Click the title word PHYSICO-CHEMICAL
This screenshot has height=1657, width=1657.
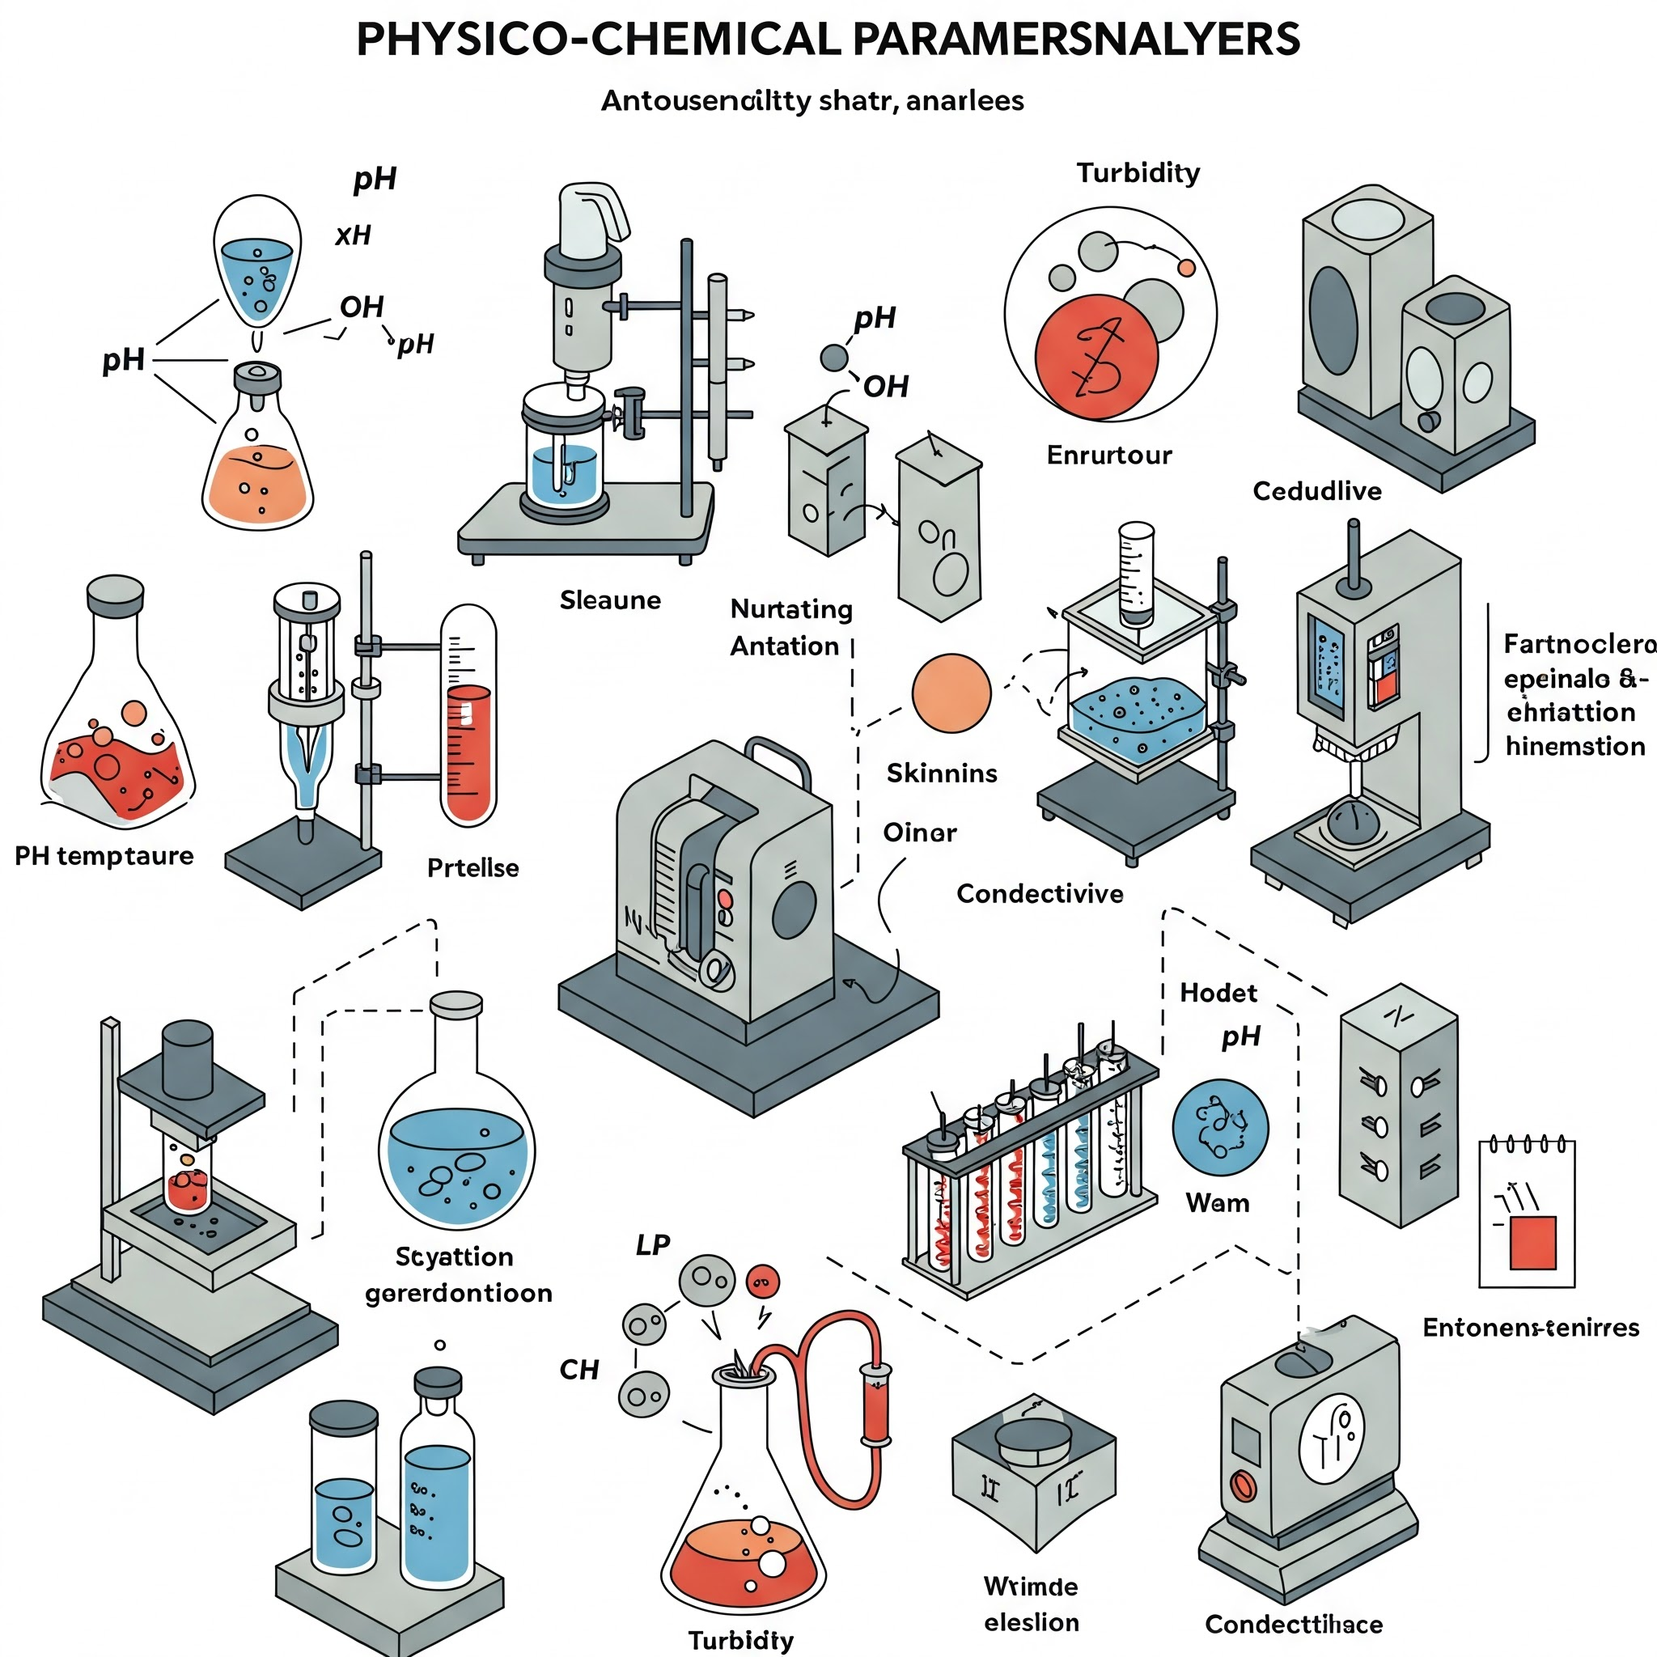(x=598, y=40)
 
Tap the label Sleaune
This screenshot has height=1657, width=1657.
(x=610, y=600)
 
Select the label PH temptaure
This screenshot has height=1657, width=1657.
(x=104, y=856)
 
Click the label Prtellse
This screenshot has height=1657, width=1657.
(x=473, y=868)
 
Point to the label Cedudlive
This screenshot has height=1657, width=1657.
(x=1316, y=491)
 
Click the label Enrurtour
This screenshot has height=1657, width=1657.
(x=1108, y=455)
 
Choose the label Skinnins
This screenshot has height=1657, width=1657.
(x=942, y=773)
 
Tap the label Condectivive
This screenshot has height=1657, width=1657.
(x=1040, y=894)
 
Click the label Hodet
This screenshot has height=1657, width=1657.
(x=1218, y=994)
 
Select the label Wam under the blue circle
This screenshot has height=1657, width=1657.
(x=1217, y=1203)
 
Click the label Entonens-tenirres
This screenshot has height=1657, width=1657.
(x=1530, y=1328)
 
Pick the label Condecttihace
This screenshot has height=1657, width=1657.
(x=1294, y=1625)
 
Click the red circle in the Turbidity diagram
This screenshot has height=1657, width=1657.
(x=1096, y=356)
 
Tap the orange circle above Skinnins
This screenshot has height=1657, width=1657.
(x=951, y=693)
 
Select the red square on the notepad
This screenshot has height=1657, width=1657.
(x=1532, y=1242)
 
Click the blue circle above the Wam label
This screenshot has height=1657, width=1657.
(x=1219, y=1127)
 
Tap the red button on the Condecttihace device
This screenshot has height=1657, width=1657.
(x=1243, y=1485)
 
